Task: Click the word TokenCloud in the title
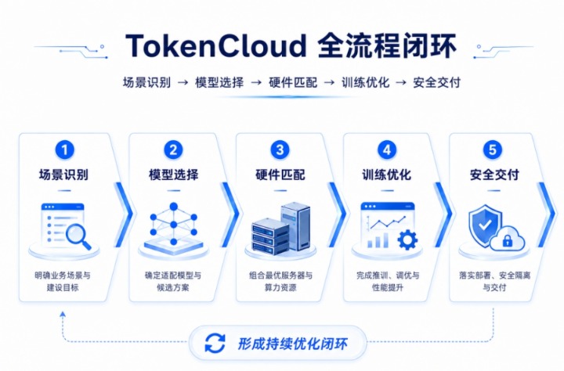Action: [216, 45]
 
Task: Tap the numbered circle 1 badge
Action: [65, 149]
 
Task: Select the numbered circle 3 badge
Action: [280, 149]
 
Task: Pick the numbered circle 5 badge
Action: [493, 149]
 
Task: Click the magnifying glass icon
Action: [78, 236]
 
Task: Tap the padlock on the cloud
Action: [507, 240]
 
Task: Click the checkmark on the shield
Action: [485, 225]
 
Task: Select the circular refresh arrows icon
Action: [215, 343]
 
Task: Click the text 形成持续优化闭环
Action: [292, 344]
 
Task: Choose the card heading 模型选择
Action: [173, 175]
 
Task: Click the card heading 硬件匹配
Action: [280, 175]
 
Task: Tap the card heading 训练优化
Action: [387, 175]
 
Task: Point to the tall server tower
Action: [295, 226]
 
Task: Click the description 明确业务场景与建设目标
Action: [63, 282]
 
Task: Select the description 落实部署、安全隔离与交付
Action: [494, 282]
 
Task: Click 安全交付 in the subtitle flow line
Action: [436, 83]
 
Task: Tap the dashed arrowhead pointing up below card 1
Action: [63, 314]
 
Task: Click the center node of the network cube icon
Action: [174, 225]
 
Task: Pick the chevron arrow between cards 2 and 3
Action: [231, 214]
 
